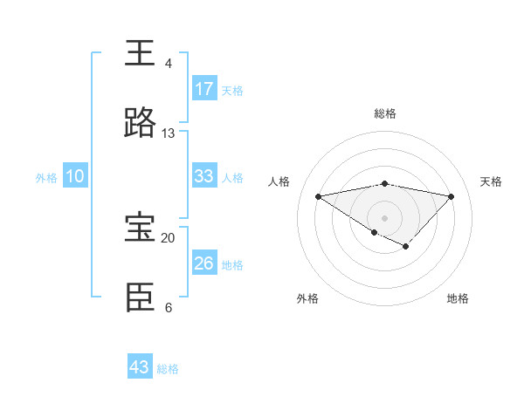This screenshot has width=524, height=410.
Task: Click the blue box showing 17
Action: coord(204,89)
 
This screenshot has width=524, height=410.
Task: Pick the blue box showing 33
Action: coord(204,176)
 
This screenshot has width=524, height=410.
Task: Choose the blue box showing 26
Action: coord(204,263)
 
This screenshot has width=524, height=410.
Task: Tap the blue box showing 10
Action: coord(75,176)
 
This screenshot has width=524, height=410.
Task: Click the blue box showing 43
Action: coord(140,367)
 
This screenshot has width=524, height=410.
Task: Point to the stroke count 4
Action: coord(168,64)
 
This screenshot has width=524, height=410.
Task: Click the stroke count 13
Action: coord(168,133)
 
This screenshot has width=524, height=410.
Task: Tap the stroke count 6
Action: coord(168,307)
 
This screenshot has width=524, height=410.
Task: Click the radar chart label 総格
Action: coord(385,113)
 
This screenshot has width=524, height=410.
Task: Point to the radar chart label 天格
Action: coord(492,181)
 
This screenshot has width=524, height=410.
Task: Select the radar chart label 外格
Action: coord(307,298)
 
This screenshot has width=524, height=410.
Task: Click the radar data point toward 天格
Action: coord(452,196)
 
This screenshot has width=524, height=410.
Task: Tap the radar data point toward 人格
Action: coord(318,195)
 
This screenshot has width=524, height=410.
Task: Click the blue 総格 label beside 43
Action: coord(168,369)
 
